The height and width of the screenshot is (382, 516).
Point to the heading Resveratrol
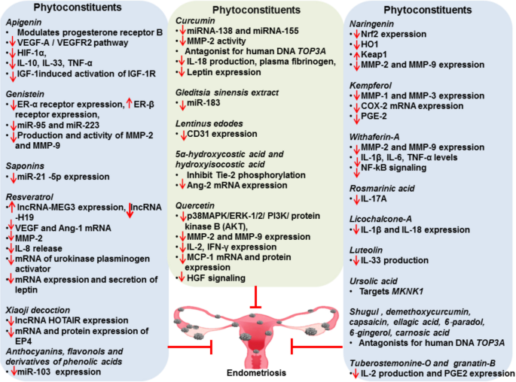pyautogui.click(x=26, y=194)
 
